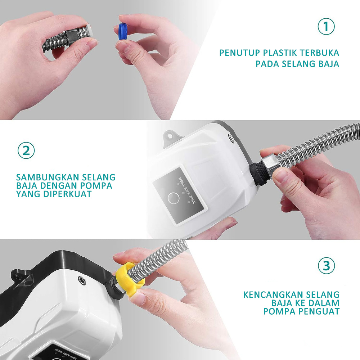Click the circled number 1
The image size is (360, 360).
pos(326,27)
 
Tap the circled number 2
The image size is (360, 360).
pos(26,150)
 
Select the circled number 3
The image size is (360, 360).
pos(326,266)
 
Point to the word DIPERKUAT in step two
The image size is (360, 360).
pos(67,194)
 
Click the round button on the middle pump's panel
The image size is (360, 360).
pos(174,198)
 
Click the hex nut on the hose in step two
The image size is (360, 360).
pos(271,165)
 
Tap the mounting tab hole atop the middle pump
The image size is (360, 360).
pos(170,136)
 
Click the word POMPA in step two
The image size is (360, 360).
pos(96,185)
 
